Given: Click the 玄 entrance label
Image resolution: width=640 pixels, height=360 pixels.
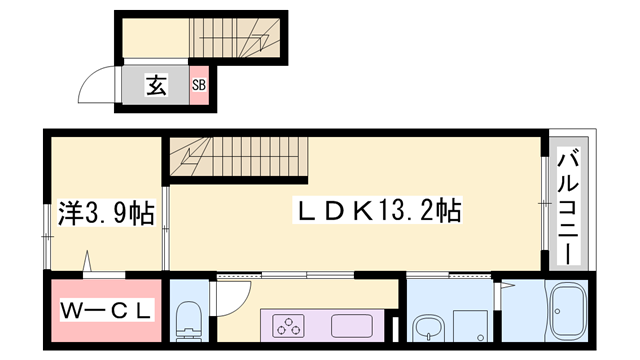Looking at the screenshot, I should [x=156, y=86].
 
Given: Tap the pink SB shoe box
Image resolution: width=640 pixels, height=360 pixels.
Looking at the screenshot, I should [x=198, y=86].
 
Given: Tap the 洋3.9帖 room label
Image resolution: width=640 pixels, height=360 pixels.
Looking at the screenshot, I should [x=104, y=213].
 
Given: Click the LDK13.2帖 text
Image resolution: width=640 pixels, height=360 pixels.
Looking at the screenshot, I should [x=376, y=212].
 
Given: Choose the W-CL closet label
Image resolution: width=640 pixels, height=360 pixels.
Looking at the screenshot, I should [x=103, y=311].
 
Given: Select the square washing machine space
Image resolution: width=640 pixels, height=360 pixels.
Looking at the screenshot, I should [x=470, y=325].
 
